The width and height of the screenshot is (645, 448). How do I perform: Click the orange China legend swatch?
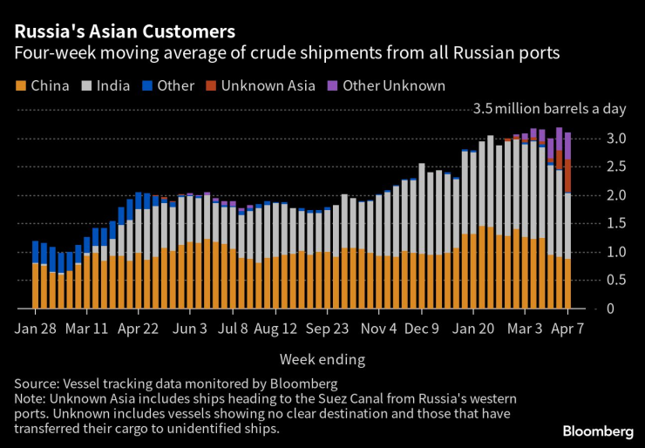[20, 85]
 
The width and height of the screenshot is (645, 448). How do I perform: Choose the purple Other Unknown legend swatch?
[331, 85]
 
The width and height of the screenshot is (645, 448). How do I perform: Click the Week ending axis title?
[322, 359]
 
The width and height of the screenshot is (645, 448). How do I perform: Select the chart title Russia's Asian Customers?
[124, 32]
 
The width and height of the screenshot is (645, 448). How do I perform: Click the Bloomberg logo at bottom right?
[598, 431]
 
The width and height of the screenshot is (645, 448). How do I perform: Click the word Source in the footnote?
[36, 383]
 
